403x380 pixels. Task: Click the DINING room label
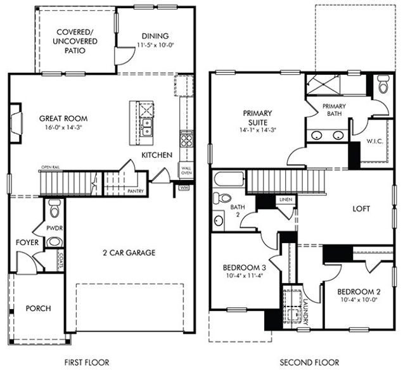[155, 36]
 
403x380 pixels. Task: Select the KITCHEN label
[157, 155]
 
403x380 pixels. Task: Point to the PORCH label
[37, 308]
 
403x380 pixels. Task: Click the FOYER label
[27, 242]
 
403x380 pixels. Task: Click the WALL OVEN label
[186, 170]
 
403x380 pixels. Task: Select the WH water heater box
[184, 187]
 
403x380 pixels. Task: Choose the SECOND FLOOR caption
[309, 363]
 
